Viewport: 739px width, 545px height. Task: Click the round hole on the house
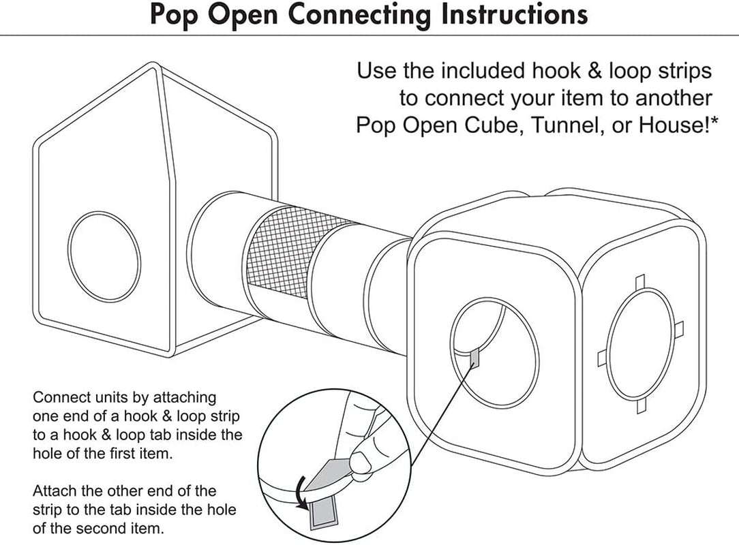click(x=104, y=253)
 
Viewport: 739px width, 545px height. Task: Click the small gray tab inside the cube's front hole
click(x=474, y=357)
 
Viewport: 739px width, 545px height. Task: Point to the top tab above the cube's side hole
click(x=639, y=281)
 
